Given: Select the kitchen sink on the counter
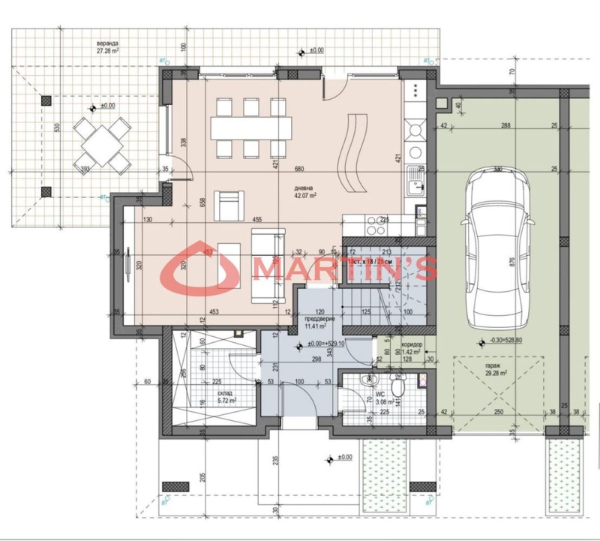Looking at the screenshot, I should click(415, 181).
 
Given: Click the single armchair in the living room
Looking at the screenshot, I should click(229, 203).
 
